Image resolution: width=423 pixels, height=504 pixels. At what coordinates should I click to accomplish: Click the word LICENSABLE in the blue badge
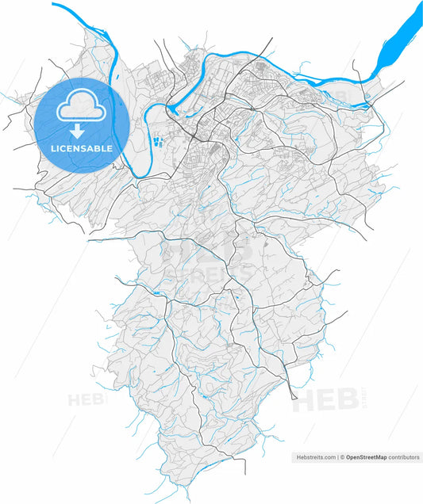(83, 148)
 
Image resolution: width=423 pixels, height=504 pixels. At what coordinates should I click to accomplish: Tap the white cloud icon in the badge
(83, 105)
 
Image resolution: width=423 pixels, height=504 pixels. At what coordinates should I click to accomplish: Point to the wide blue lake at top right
(402, 36)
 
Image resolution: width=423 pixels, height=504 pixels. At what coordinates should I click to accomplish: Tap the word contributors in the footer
(403, 458)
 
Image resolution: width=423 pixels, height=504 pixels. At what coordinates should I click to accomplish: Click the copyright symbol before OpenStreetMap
(342, 458)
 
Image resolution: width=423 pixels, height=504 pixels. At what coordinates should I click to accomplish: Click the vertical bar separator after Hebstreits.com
(337, 458)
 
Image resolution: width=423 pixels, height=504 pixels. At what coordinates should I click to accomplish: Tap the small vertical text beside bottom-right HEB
(364, 396)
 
